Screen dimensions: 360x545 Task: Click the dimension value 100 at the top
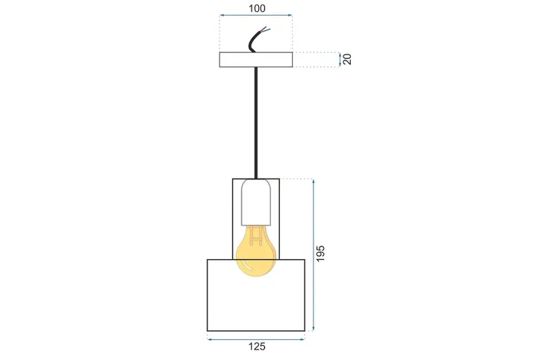coord(256,9)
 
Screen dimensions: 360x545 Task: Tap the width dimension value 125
coord(256,347)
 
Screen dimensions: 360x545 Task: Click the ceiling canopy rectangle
coord(256,60)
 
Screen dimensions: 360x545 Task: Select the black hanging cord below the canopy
coord(256,123)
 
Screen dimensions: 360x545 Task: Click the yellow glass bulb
coord(256,254)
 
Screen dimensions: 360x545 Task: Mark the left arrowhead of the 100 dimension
coord(222,16)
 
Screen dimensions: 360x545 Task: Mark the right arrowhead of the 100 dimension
coord(290,16)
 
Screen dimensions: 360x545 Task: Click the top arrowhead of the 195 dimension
coord(314,181)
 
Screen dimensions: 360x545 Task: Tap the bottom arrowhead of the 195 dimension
coord(314,329)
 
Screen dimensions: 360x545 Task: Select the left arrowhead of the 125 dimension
coord(210,339)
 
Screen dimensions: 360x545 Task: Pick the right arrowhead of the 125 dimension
coord(303,339)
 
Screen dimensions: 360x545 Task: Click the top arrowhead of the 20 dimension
coord(340,54)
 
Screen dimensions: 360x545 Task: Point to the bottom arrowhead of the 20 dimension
coord(340,66)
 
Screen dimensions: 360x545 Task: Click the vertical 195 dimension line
coord(314,224)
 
